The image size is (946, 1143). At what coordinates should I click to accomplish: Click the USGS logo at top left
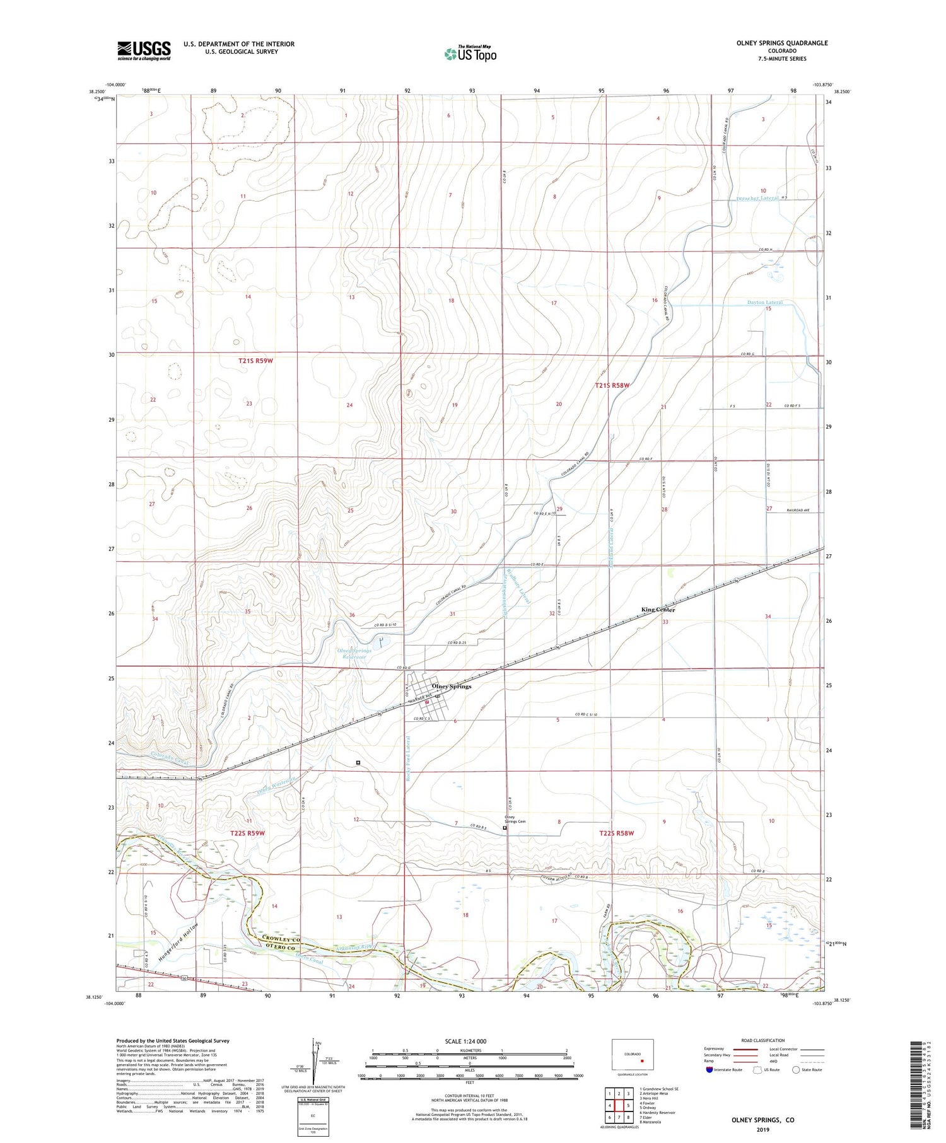point(144,50)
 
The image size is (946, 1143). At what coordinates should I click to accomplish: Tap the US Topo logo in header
point(470,54)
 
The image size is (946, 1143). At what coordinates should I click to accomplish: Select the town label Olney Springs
point(451,687)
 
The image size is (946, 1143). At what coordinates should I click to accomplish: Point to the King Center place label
point(658,610)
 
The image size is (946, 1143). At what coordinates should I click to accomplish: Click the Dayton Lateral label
point(764,302)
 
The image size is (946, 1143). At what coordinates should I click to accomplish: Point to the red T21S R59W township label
point(256,361)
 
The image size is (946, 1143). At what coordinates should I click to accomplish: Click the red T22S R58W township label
point(616,833)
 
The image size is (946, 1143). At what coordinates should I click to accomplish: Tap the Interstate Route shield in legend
point(709,1069)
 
